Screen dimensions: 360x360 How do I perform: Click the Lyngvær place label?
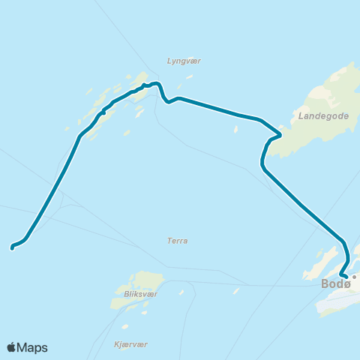pos(184,61)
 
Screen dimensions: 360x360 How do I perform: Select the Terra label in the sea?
pos(178,241)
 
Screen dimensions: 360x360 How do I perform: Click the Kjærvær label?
pos(130,343)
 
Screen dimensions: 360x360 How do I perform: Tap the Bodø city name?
pos(335,283)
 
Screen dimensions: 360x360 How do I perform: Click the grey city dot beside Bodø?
pos(355,277)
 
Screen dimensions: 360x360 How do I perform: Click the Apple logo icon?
pos(12,347)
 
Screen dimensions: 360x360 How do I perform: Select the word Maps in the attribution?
pos(33,347)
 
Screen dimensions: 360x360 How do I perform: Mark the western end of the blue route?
pos(12,246)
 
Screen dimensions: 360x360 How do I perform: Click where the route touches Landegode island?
pos(280,135)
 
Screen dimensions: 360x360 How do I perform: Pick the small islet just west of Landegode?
pos(235,129)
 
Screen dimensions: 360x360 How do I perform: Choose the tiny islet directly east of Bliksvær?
pos(181,293)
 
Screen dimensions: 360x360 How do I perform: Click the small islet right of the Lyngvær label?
pos(190,76)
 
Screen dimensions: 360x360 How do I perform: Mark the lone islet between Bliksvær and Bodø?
pos(235,290)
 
